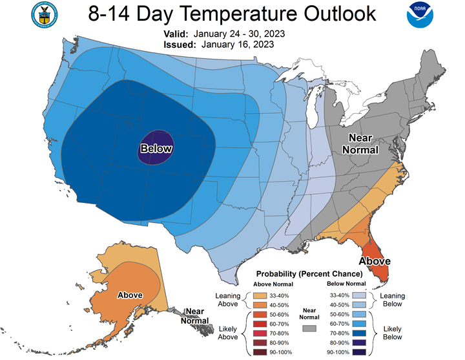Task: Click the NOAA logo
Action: (420, 15)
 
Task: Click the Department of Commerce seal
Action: (45, 15)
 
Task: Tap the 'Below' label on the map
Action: (156, 149)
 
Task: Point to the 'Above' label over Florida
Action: (375, 261)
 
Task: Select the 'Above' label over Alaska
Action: (130, 295)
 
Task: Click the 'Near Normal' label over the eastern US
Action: (360, 144)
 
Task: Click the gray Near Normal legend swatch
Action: (309, 328)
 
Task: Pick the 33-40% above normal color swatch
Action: (260, 295)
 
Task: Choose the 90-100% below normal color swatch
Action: (359, 352)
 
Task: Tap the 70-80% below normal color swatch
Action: (359, 334)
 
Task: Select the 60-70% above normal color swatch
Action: (260, 324)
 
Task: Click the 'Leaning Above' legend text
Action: (228, 300)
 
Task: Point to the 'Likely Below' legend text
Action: (393, 333)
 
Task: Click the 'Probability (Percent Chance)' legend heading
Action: (309, 273)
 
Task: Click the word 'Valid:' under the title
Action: (176, 34)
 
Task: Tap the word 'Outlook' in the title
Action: (340, 14)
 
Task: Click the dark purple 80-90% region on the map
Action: (156, 147)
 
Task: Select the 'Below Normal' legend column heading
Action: (346, 284)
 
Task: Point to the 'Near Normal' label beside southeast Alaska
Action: (195, 316)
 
